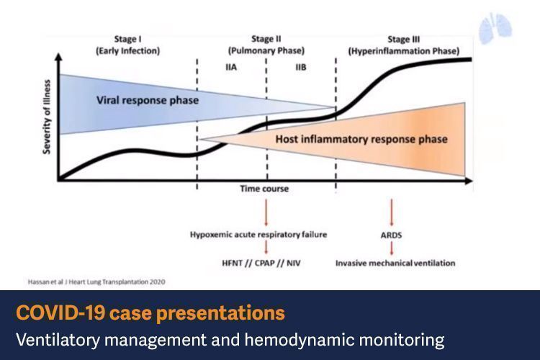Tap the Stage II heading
(x=266, y=39)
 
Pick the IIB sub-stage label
(x=300, y=66)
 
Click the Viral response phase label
(x=147, y=100)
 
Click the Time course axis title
(x=264, y=189)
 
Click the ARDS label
(x=392, y=235)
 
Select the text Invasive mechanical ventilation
(x=395, y=263)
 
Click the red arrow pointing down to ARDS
(x=392, y=213)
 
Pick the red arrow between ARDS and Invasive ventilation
(x=392, y=248)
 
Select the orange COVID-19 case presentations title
(x=150, y=314)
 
